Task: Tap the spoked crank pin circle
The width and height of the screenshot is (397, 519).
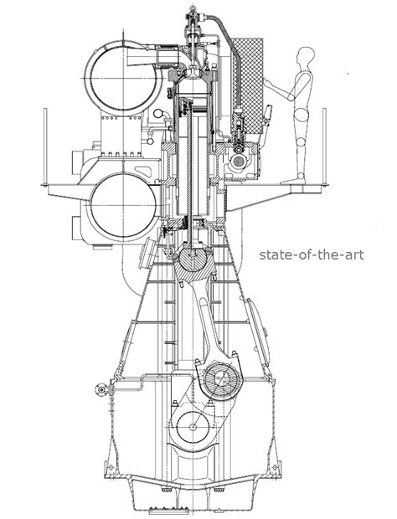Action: (221, 381)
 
